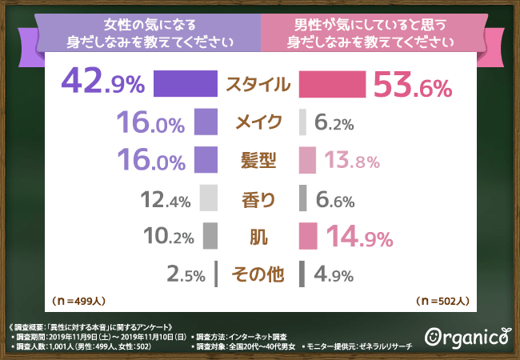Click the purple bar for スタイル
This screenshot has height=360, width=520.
point(185,84)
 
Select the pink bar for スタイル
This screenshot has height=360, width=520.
point(332,84)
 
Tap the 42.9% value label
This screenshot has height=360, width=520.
point(102,84)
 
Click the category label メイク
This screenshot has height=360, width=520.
point(258,122)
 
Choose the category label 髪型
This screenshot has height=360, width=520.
point(258,160)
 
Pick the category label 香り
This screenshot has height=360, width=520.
point(258,198)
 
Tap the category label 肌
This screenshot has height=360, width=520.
point(258,236)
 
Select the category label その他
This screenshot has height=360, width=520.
point(258,274)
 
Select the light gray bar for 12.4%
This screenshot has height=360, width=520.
point(209,198)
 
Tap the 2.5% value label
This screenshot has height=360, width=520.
point(188,275)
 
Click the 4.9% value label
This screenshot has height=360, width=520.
point(334,275)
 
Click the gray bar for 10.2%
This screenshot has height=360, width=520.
point(210,236)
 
